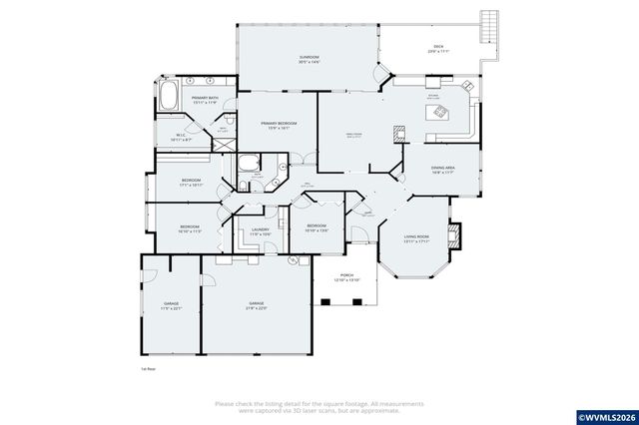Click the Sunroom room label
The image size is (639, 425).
(x=309, y=60)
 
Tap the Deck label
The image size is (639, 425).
(x=437, y=49)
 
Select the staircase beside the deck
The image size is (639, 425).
(x=488, y=24)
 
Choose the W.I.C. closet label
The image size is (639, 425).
(x=181, y=138)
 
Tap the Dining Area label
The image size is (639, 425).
(x=443, y=170)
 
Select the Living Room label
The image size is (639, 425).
(x=416, y=238)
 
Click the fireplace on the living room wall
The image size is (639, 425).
(x=455, y=235)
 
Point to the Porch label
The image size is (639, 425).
(x=346, y=278)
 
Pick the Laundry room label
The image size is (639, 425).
(x=260, y=232)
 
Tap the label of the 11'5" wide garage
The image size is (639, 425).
(x=172, y=305)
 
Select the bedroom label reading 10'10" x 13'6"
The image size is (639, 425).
(x=317, y=228)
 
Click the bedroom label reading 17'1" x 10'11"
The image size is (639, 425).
(x=190, y=183)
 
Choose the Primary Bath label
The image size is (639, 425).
(x=205, y=101)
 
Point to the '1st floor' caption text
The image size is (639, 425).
(x=148, y=368)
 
